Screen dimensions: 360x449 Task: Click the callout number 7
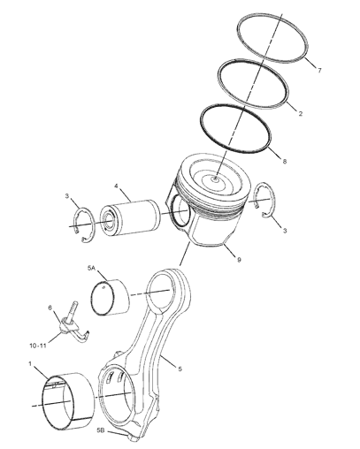pos(319,71)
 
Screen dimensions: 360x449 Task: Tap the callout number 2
pos(301,113)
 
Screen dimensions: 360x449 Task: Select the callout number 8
pos(285,162)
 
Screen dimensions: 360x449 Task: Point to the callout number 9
pos(239,260)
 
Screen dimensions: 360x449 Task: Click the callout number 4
pos(116,186)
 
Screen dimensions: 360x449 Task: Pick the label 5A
pos(91,268)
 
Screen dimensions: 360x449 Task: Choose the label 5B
pos(101,430)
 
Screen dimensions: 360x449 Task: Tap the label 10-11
pos(38,346)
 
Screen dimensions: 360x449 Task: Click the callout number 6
pos(50,308)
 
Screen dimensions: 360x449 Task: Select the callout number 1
pos(30,364)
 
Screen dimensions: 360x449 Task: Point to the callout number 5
pos(180,369)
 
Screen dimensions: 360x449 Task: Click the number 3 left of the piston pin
pos(67,196)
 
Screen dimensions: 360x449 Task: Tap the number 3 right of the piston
pos(285,231)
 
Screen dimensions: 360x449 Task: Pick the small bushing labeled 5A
pos(111,297)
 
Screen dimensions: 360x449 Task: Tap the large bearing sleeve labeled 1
pos(68,400)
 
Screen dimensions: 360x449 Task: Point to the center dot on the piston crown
pos(216,179)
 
